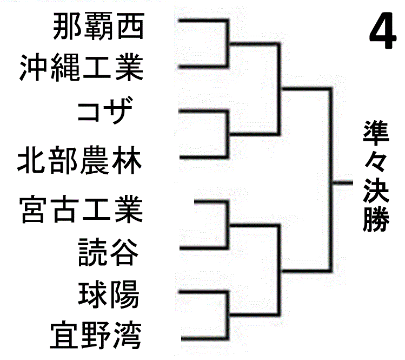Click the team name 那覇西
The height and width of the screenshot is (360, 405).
(x=99, y=28)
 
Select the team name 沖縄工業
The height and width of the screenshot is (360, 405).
(x=81, y=68)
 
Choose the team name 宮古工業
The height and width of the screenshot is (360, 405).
(x=81, y=209)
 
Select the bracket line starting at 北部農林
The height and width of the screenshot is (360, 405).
(x=202, y=158)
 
